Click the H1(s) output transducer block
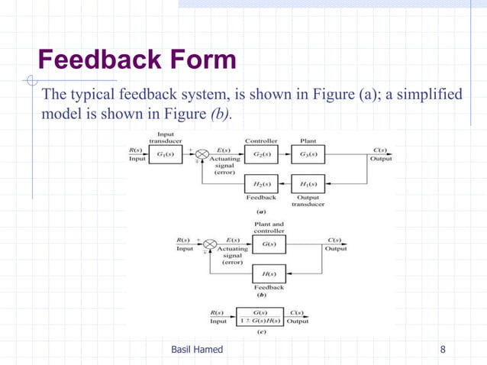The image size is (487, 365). click(308, 185)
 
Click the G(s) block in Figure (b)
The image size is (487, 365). click(269, 244)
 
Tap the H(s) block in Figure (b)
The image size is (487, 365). click(269, 273)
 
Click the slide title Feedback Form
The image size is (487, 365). click(137, 59)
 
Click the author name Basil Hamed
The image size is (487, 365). click(197, 350)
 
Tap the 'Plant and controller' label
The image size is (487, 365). click(269, 228)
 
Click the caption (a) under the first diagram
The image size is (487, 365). click(260, 212)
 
